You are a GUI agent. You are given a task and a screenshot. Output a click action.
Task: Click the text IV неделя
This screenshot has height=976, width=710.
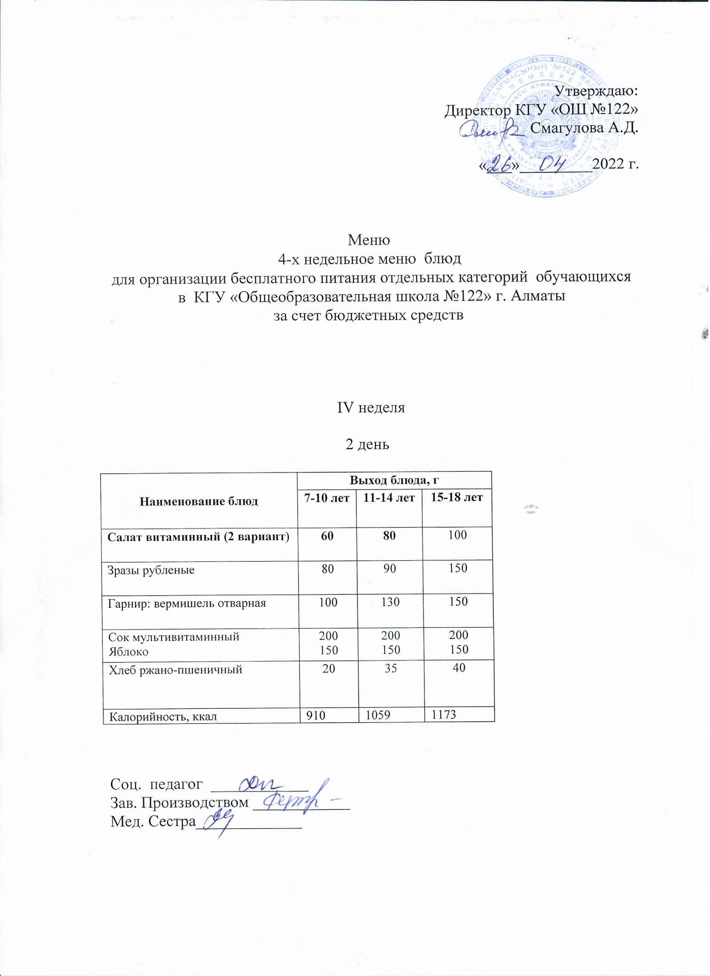pos(371,407)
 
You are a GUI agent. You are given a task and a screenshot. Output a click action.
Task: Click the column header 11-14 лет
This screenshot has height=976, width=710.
pos(389,499)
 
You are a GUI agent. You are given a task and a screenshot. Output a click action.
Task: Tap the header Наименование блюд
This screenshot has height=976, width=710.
pos(199,501)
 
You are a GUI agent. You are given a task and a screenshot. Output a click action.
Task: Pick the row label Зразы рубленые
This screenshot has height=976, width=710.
pos(151,571)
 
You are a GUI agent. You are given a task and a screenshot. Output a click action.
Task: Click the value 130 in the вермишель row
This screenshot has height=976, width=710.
pos(389,602)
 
